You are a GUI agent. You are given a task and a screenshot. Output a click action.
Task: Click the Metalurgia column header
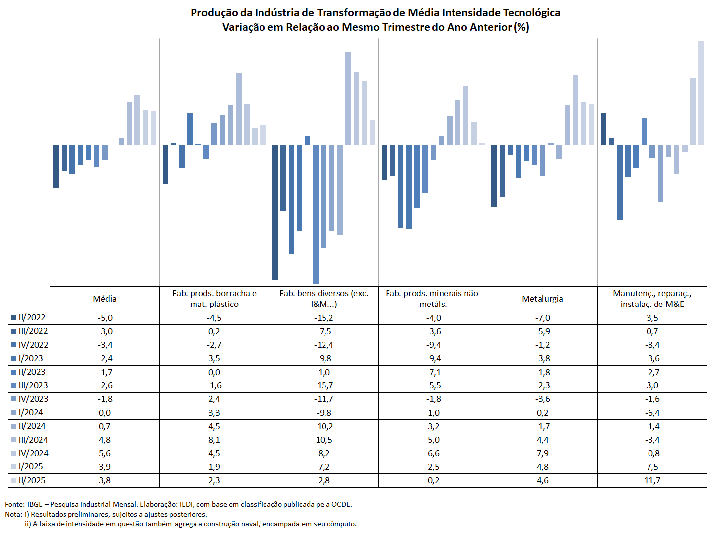click(542, 299)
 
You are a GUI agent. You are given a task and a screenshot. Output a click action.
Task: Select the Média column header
click(104, 299)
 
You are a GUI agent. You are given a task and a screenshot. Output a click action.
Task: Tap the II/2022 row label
click(32, 317)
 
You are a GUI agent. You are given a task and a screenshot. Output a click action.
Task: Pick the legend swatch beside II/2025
click(13, 480)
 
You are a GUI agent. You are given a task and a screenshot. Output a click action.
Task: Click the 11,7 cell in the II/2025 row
click(652, 480)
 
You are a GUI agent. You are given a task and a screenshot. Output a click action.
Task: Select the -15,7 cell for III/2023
click(324, 385)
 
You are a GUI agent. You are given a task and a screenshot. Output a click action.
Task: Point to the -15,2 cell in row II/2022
click(324, 318)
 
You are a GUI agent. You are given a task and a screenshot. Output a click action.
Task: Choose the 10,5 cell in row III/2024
click(324, 440)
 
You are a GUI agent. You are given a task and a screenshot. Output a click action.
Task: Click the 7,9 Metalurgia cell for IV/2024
click(543, 453)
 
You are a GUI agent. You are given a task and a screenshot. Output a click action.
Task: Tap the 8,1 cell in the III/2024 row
click(214, 440)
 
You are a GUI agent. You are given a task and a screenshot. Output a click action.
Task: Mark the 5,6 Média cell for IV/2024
click(104, 453)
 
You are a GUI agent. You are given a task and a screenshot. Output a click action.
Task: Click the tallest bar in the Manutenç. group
click(701, 93)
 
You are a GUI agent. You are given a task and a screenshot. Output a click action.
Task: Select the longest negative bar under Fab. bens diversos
click(316, 214)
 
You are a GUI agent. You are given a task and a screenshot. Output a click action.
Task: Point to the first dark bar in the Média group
click(56, 166)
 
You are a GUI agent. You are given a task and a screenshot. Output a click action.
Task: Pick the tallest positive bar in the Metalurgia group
click(575, 110)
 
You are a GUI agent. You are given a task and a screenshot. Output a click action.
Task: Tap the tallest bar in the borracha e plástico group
click(239, 108)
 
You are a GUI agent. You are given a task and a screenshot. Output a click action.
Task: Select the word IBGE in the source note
click(35, 504)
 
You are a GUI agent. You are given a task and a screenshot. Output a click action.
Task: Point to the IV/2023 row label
click(33, 399)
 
